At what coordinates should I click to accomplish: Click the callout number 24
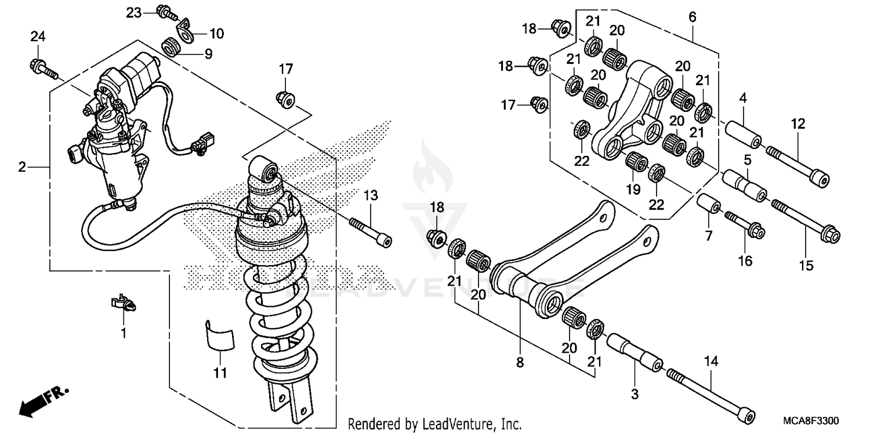click(37, 37)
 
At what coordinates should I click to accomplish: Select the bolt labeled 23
click(164, 12)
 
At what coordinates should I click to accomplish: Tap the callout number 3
click(635, 394)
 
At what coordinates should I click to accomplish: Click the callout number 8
click(520, 363)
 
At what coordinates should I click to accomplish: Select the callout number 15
click(805, 265)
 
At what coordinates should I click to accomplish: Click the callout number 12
click(797, 123)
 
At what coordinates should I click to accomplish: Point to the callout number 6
click(692, 17)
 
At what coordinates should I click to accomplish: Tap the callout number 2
click(22, 168)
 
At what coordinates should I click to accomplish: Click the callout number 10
click(216, 34)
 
